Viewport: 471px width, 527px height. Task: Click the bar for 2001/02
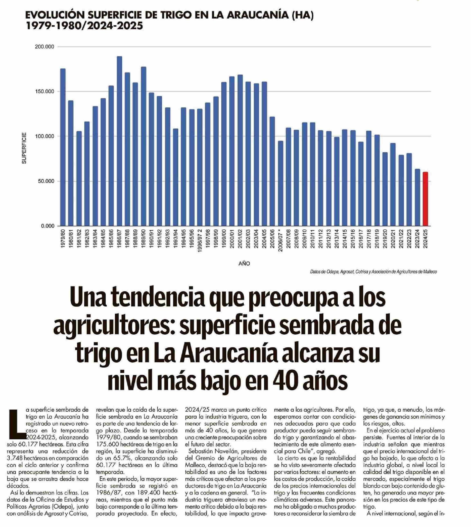(240, 150)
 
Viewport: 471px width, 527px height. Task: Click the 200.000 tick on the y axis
(45, 47)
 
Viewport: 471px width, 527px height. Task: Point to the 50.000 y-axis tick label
(46, 181)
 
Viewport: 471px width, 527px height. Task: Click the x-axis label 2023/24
(417, 239)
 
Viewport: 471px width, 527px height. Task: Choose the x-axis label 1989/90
(143, 239)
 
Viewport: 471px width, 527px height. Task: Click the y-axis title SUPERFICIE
(24, 148)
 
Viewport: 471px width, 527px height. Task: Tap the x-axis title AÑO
(244, 264)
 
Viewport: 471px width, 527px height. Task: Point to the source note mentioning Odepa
(374, 272)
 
